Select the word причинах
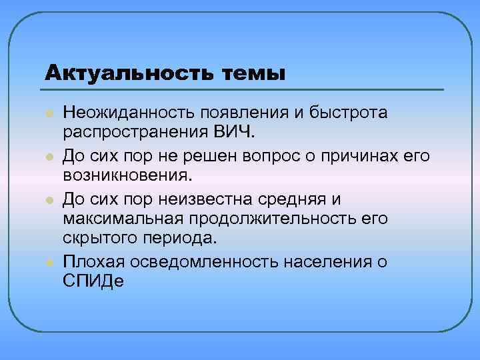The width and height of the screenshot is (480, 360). point(371,156)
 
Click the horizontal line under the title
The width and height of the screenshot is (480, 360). point(244,89)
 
